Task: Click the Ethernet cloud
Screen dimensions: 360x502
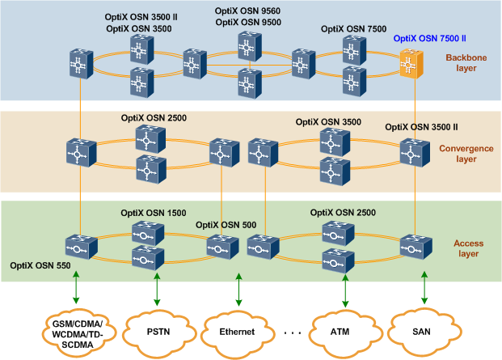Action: (x=238, y=332)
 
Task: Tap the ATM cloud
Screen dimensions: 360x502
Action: (x=340, y=331)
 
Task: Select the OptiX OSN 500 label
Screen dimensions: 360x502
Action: (x=227, y=225)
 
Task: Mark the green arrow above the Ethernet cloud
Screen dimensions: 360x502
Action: (x=238, y=288)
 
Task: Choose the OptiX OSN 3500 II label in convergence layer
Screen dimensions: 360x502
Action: (x=421, y=127)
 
